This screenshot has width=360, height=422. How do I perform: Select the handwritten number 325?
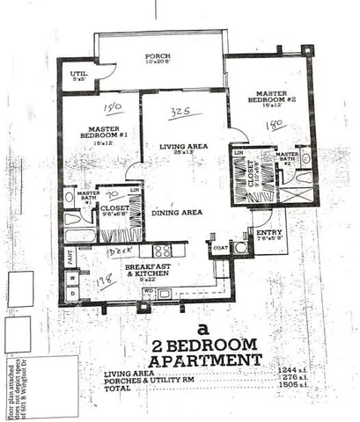(182, 113)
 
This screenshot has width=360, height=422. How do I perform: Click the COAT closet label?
(220, 248)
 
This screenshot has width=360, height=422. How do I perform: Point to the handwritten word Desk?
(117, 252)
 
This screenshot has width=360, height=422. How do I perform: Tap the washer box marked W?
(72, 277)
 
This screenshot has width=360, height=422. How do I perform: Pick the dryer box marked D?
(72, 292)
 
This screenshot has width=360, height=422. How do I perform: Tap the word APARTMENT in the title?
(204, 360)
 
